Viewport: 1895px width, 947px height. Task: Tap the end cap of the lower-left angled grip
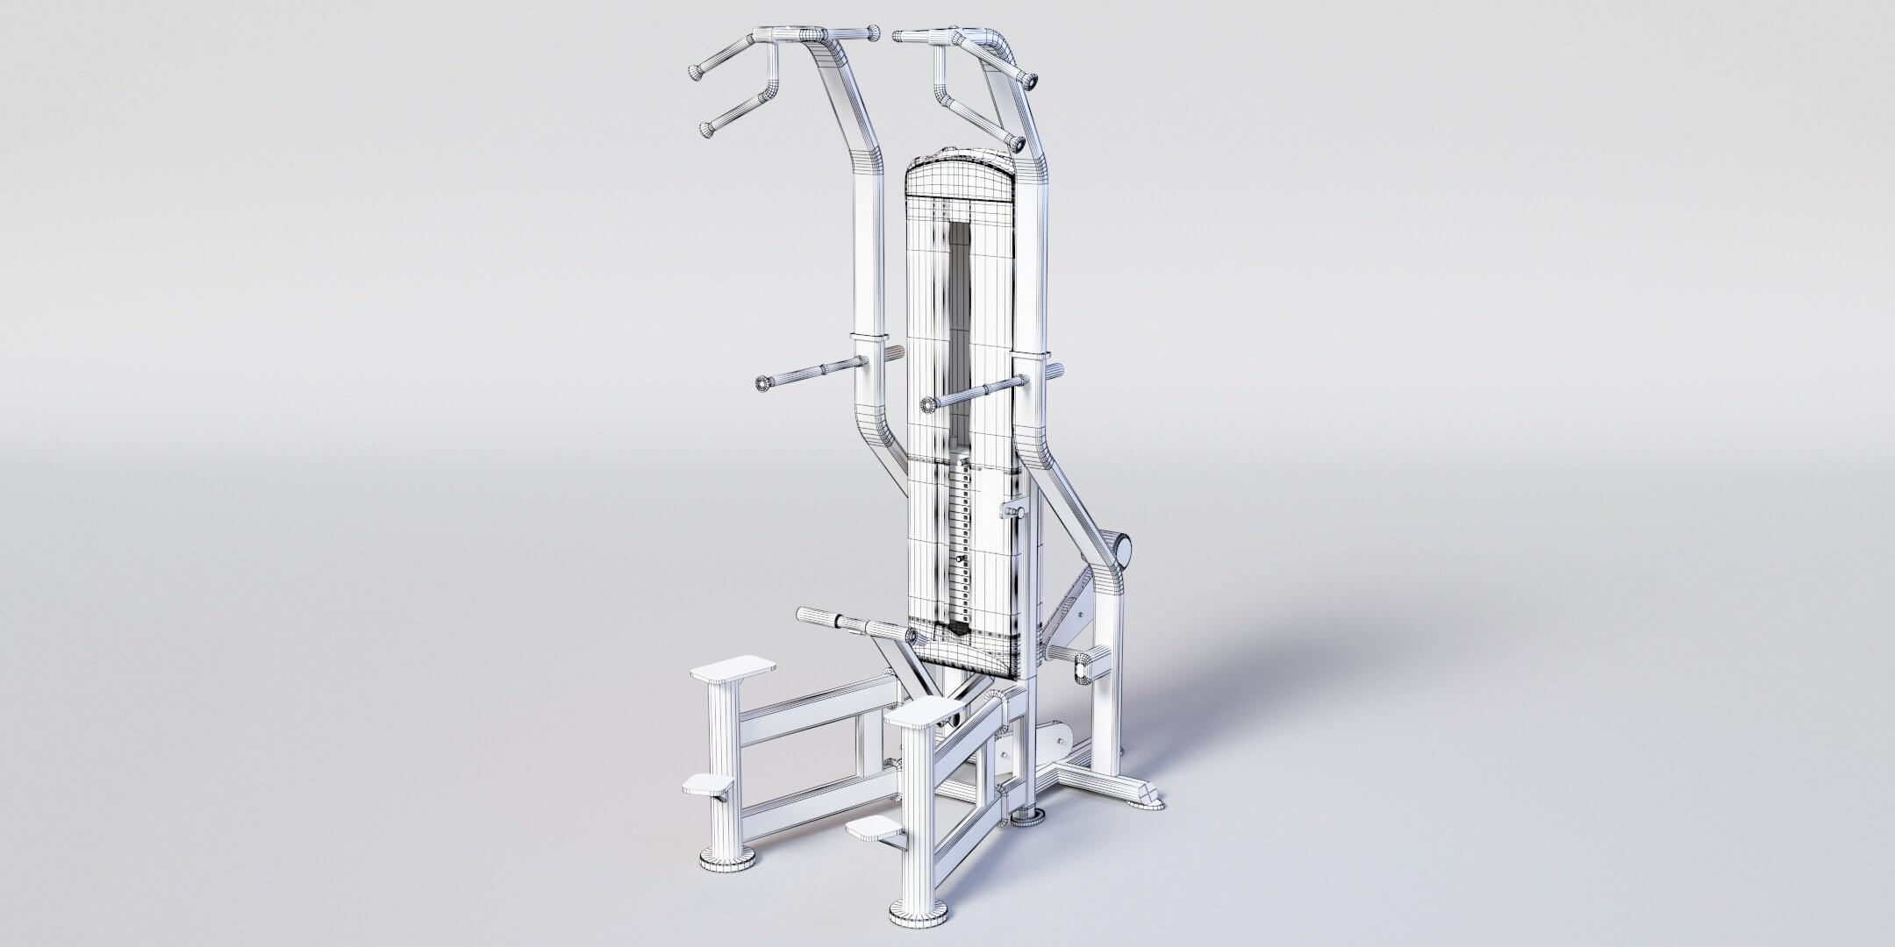[707, 131]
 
